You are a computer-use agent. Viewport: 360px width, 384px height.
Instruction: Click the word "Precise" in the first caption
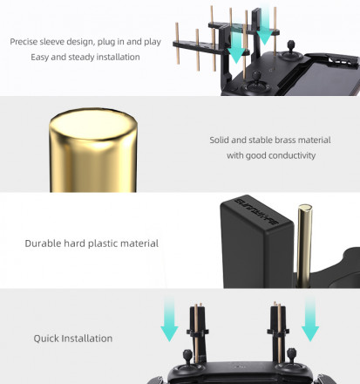tap(24, 42)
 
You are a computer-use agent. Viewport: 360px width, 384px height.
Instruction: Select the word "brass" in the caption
tap(285, 140)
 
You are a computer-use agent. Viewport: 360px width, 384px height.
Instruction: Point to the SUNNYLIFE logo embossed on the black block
tap(256, 211)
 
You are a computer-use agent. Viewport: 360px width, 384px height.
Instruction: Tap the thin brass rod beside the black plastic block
tap(304, 246)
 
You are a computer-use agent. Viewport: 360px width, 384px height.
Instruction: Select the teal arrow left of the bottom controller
tap(169, 319)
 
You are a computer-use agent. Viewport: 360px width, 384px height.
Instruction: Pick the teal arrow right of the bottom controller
tap(310, 319)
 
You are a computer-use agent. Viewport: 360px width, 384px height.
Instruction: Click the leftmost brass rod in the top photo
tap(177, 44)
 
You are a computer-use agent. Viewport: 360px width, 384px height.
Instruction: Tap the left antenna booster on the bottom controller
tap(197, 333)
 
